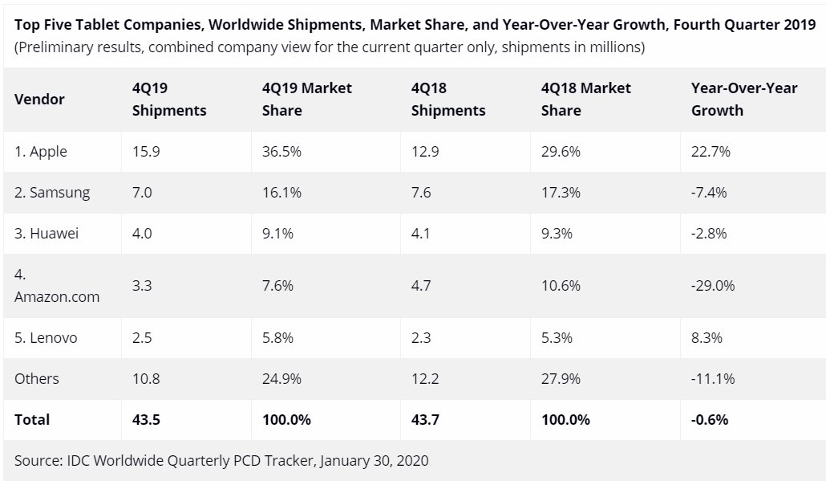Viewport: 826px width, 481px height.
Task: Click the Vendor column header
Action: pyautogui.click(x=39, y=100)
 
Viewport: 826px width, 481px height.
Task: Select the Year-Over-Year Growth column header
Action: pyautogui.click(x=743, y=100)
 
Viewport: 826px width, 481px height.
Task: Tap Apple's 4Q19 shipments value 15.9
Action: pyautogui.click(x=146, y=152)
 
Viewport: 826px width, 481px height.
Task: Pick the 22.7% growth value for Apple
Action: pyautogui.click(x=711, y=152)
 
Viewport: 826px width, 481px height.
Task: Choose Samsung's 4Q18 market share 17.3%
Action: pyautogui.click(x=561, y=193)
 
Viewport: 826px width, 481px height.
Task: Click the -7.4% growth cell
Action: pyautogui.click(x=709, y=193)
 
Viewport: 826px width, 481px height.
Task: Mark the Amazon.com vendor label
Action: pyautogui.click(x=57, y=296)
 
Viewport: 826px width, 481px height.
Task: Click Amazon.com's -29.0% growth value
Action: pyautogui.click(x=713, y=285)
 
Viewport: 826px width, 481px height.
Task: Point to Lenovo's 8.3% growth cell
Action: pyautogui.click(x=707, y=338)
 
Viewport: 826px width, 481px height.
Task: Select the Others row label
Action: pyautogui.click(x=37, y=378)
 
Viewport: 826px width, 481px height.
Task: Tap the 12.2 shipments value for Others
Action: pyautogui.click(x=425, y=378)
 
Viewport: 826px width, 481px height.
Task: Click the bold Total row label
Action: pyautogui.click(x=32, y=419)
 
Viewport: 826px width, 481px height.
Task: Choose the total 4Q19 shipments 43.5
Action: pyautogui.click(x=146, y=419)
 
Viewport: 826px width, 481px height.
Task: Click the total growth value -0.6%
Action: pyautogui.click(x=709, y=419)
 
